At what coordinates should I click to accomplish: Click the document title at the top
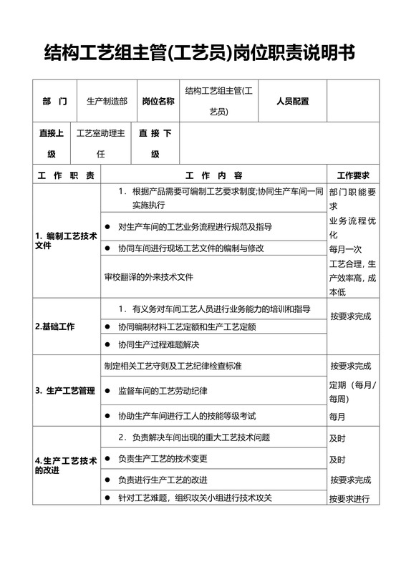(x=200, y=52)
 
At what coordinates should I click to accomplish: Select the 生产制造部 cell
(x=107, y=102)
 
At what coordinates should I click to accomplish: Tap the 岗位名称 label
(x=158, y=102)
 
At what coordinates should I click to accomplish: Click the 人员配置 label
(x=292, y=102)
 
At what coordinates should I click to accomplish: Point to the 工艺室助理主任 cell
(x=101, y=143)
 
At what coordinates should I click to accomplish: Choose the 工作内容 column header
(x=213, y=176)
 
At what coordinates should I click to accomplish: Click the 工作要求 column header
(x=353, y=176)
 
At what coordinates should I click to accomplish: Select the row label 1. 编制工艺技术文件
(x=66, y=241)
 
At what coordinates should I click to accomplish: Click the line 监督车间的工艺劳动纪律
(x=163, y=391)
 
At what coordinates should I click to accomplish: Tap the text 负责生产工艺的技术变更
(x=163, y=458)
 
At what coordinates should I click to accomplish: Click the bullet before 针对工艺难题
(x=107, y=498)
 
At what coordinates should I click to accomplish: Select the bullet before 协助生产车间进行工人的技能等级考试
(x=107, y=415)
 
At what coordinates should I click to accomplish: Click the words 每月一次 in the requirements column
(x=346, y=249)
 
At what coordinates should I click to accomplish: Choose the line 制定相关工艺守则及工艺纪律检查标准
(x=173, y=366)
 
